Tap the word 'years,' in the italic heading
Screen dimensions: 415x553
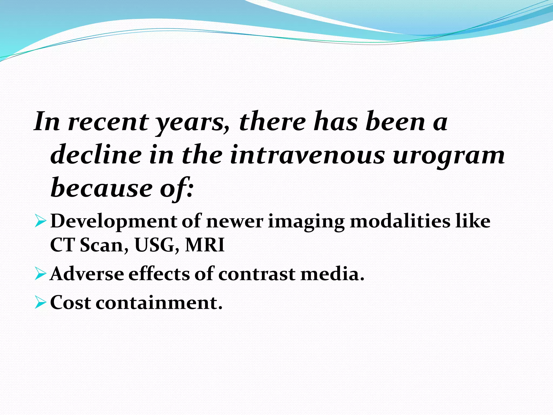(193, 123)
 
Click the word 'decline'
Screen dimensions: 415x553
(96, 155)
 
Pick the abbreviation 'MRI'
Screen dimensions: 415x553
(205, 245)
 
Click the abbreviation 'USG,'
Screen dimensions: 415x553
(157, 245)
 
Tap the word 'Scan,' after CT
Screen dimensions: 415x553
(104, 245)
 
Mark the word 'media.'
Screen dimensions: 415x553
(332, 274)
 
